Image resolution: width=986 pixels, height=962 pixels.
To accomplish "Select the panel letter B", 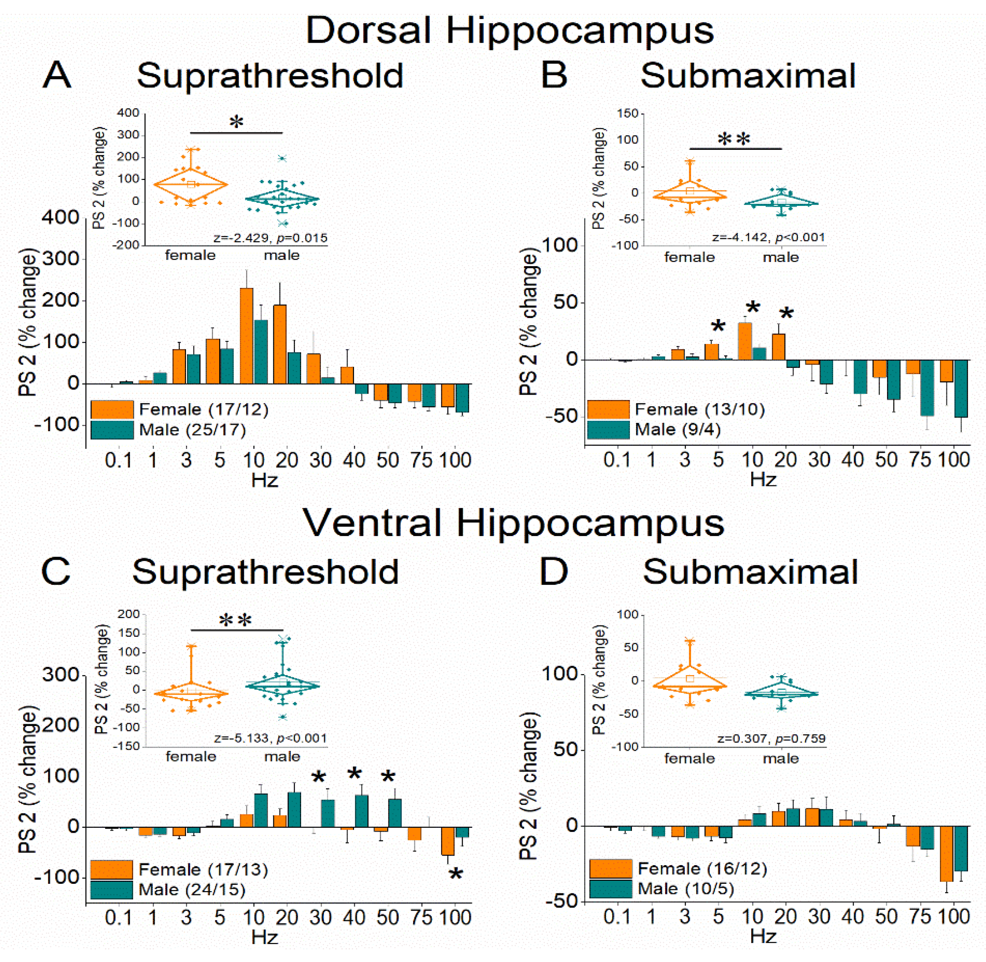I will tap(554, 76).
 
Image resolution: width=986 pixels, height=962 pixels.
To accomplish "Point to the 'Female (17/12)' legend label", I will tap(204, 409).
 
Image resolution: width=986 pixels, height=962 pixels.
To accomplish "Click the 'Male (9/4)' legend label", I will tap(677, 429).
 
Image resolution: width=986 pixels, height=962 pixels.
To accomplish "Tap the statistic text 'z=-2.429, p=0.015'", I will tap(270, 238).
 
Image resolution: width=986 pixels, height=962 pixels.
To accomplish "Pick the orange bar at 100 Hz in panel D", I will tap(946, 853).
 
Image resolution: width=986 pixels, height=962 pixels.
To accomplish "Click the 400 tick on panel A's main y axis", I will tap(61, 217).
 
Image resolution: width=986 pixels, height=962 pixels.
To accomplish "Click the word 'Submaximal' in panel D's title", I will tap(750, 572).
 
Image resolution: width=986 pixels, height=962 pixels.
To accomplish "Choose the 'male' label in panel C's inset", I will tap(282, 756).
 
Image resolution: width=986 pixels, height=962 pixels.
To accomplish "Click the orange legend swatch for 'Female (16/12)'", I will tap(610, 869).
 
